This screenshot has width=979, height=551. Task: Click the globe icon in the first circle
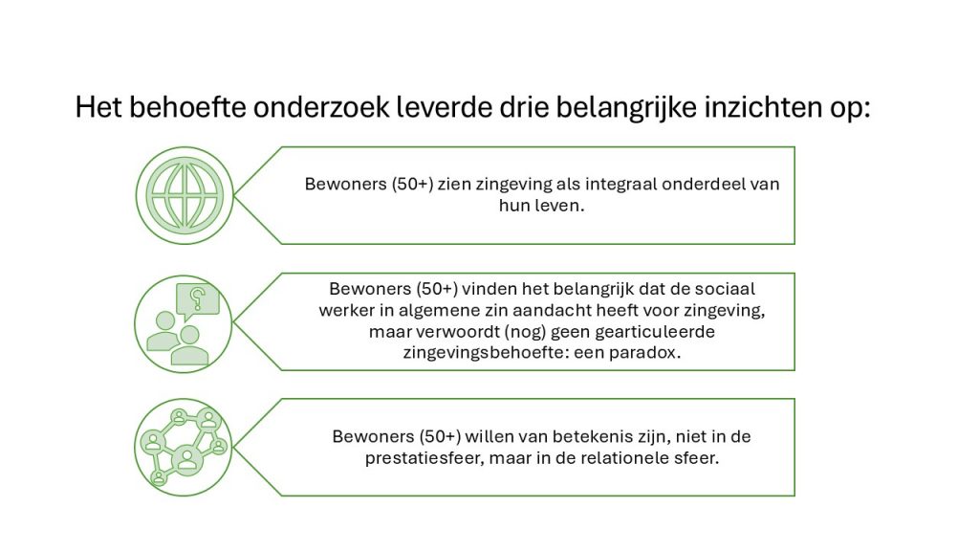click(x=185, y=195)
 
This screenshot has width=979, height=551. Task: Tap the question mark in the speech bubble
click(x=198, y=298)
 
